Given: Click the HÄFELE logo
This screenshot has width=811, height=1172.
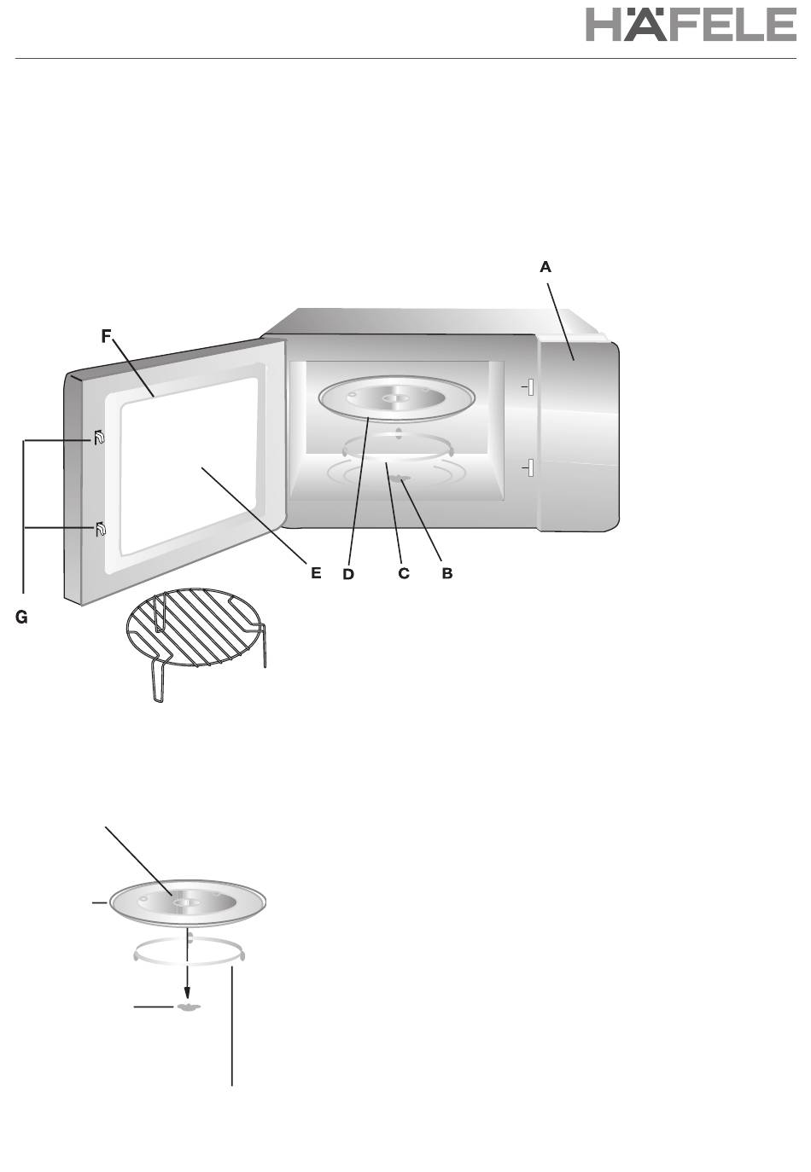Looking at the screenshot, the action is click(691, 24).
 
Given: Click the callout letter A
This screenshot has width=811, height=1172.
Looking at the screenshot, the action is click(545, 267).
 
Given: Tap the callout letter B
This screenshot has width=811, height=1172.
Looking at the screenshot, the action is click(446, 573).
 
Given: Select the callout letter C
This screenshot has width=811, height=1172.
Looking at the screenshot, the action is click(403, 573).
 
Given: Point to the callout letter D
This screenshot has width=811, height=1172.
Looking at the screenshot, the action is click(348, 575).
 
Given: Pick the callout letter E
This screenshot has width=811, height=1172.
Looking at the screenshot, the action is click(316, 573).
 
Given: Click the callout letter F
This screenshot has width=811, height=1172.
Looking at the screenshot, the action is click(106, 337).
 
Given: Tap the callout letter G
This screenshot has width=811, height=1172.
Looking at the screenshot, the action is click(21, 618).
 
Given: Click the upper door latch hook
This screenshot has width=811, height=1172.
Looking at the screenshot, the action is click(99, 437).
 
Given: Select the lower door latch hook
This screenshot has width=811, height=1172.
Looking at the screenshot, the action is click(100, 529).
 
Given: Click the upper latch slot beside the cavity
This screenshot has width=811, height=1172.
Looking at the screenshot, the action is click(529, 387).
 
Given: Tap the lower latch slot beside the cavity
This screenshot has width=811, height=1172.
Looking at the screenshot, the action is click(529, 467).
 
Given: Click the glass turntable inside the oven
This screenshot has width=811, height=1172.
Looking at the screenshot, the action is click(396, 397).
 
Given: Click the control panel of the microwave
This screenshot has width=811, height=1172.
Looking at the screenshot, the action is click(578, 435).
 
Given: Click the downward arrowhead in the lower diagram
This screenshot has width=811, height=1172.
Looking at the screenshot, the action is click(188, 993).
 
